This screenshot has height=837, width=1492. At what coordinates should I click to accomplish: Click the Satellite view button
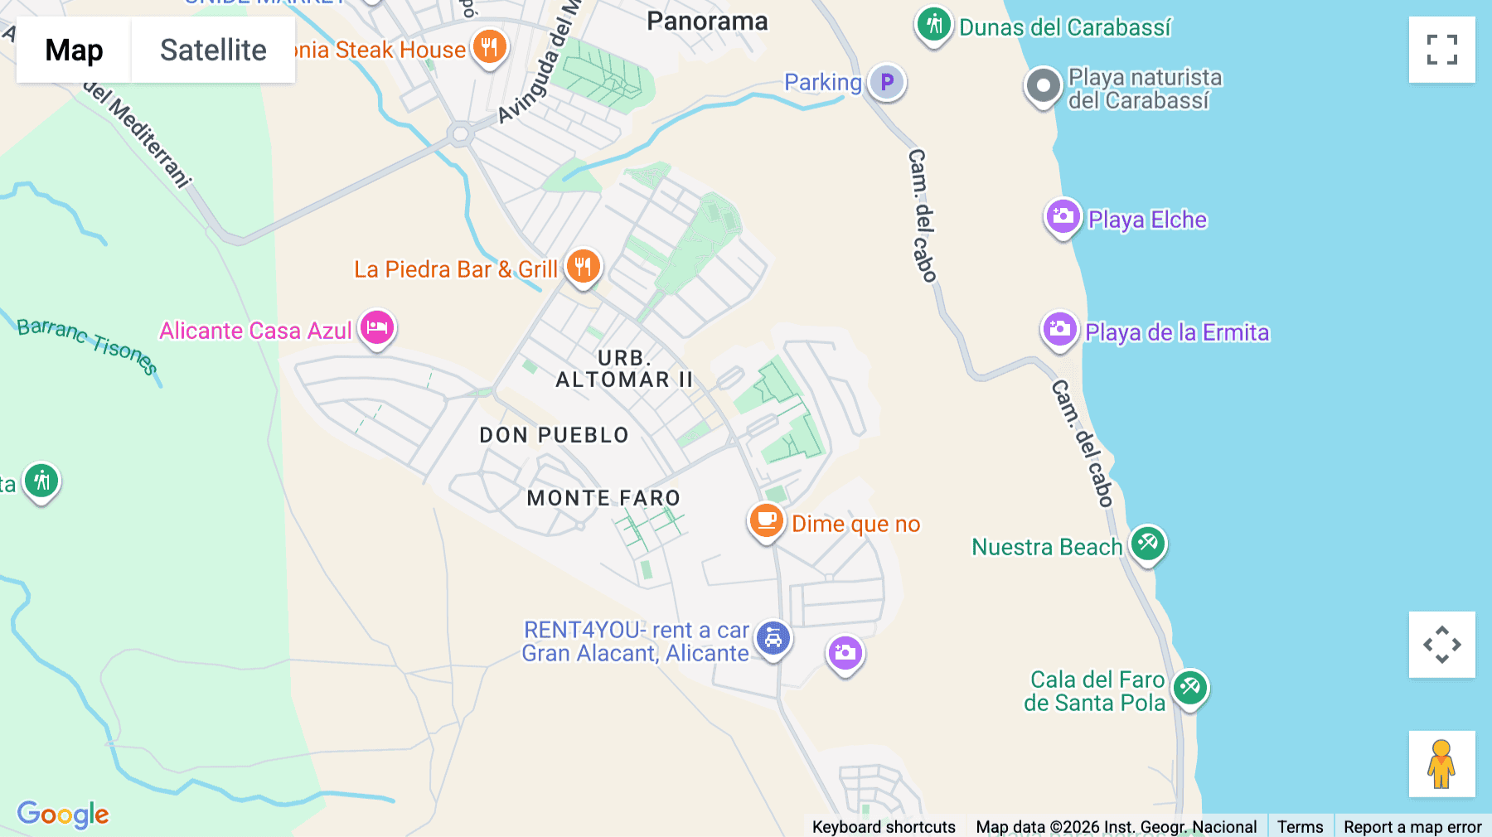pyautogui.click(x=213, y=50)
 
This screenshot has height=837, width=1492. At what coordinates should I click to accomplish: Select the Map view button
pyautogui.click(x=74, y=50)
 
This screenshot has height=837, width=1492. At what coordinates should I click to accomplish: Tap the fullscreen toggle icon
pyautogui.click(x=1441, y=50)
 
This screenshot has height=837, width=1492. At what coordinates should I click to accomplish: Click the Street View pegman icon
pyautogui.click(x=1441, y=763)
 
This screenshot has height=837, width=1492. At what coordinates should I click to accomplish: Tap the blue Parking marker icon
pyautogui.click(x=887, y=82)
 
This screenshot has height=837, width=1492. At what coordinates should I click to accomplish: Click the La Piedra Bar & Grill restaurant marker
pyautogui.click(x=583, y=267)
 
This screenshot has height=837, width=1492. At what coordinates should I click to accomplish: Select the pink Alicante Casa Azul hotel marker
pyautogui.click(x=377, y=327)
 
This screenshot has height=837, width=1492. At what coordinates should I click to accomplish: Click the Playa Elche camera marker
pyautogui.click(x=1063, y=217)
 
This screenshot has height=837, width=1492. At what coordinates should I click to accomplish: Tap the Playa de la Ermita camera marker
pyautogui.click(x=1059, y=330)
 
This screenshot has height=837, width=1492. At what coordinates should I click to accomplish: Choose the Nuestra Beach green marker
pyautogui.click(x=1148, y=544)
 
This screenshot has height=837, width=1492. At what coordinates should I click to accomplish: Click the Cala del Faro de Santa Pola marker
pyautogui.click(x=1190, y=687)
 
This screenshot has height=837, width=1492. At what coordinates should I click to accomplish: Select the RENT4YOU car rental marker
pyautogui.click(x=773, y=638)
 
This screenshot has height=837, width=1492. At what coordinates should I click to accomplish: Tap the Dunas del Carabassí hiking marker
pyautogui.click(x=934, y=25)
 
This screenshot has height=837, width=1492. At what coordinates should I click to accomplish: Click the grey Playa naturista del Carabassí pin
pyautogui.click(x=1044, y=85)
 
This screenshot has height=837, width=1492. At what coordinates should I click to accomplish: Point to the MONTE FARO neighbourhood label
pyautogui.click(x=603, y=498)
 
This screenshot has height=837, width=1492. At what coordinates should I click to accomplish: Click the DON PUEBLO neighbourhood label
pyautogui.click(x=554, y=435)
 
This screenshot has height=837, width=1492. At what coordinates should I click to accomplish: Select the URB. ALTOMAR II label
pyautogui.click(x=624, y=369)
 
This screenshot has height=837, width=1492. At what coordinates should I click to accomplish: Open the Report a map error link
pyautogui.click(x=1412, y=826)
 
